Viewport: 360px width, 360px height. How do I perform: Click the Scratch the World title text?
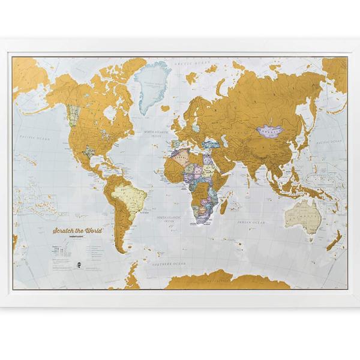coord(77,230)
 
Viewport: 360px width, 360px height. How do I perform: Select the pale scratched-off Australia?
coord(302,214)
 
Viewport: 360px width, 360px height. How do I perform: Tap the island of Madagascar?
coord(224,206)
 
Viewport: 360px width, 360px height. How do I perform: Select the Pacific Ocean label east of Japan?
coord(328,142)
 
